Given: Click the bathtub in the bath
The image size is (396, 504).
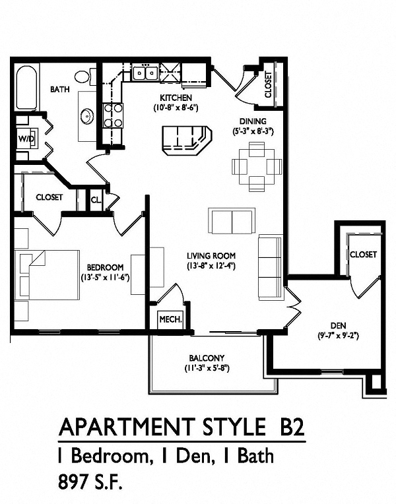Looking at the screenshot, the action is pos(26,88).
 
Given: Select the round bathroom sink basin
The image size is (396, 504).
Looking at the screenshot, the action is pos(87,116).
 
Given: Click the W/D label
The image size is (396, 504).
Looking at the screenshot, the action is pos(26,139).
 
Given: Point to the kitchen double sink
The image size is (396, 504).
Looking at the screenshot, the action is pos(145,73).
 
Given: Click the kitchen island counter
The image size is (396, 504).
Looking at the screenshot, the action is pos(187,140).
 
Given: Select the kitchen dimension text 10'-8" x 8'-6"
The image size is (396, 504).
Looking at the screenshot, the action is pos(176,108).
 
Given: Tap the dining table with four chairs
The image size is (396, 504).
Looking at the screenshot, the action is pos(257,166).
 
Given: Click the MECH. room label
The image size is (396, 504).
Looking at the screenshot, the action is pos(171,319).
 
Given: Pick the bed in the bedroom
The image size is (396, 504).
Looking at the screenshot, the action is pos(49,275).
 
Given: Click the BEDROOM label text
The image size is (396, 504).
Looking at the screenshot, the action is pos(105,267).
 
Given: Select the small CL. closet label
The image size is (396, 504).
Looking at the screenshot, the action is pos(96,200).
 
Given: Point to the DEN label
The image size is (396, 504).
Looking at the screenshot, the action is pos(338,326).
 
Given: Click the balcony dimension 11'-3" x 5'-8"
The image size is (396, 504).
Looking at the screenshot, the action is pos(207,368).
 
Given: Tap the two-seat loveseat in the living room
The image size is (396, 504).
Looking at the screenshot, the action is pos(232,221).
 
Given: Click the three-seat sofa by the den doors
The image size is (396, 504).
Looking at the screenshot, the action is pos(271,267).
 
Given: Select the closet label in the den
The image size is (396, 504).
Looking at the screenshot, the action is pos(363,254).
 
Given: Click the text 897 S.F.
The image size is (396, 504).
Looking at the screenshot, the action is pos(90,482).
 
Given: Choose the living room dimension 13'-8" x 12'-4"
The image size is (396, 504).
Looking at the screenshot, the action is pos(211,266).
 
